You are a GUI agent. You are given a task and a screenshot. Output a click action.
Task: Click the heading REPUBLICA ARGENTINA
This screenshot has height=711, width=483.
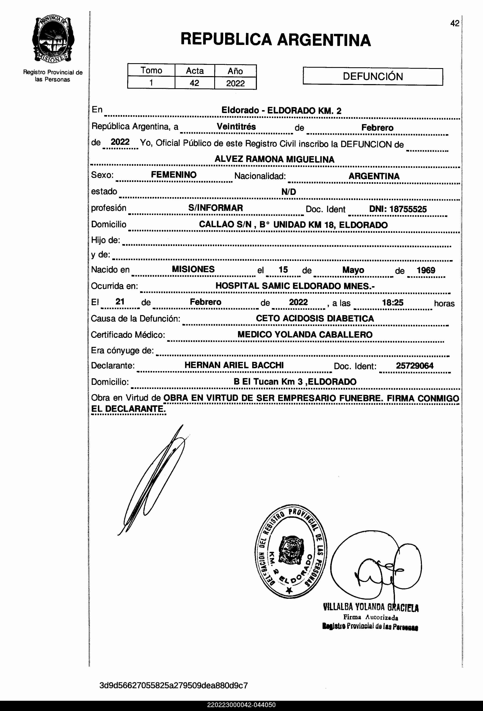click(x=276, y=40)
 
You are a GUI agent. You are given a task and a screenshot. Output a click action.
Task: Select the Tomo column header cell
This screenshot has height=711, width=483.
click(x=151, y=70)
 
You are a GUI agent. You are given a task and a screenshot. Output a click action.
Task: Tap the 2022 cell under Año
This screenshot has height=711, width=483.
click(x=235, y=83)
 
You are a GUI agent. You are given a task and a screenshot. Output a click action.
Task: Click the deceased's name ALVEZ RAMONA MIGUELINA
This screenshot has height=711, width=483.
click(x=274, y=159)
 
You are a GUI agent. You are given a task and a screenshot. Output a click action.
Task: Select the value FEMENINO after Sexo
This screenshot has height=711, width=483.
click(x=174, y=175)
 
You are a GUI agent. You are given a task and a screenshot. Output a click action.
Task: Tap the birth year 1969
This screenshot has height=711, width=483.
click(x=426, y=270)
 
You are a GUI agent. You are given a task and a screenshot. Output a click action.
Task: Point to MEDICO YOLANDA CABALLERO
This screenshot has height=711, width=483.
click(x=305, y=334)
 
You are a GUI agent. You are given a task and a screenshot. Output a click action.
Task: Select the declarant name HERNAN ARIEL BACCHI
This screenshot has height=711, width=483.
click(x=234, y=365)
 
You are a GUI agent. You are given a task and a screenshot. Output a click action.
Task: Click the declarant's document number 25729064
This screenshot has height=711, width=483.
click(x=414, y=366)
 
